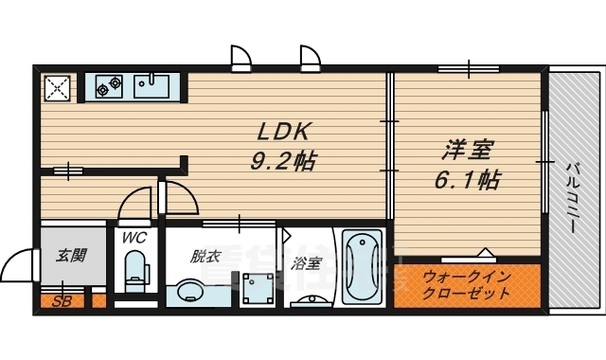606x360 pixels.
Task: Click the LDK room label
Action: coord(281,132)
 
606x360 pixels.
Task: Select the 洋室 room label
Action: coord(467,150)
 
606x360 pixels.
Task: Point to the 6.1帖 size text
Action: coord(467,179)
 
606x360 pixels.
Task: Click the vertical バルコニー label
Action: coord(573,190)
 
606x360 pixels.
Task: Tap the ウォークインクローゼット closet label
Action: coord(466,285)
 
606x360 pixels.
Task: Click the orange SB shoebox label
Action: coord(62,302)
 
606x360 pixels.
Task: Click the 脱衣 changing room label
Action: coord(205,256)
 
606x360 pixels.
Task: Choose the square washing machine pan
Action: coord(256,288)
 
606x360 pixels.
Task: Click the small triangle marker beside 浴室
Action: coord(282,231)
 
